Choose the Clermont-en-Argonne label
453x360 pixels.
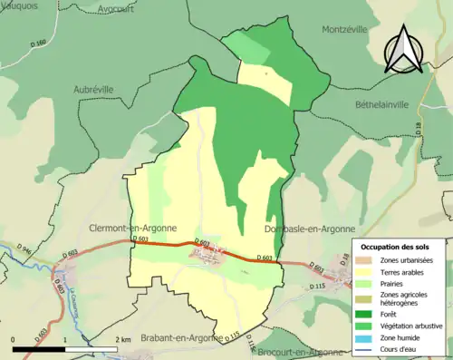point(132,229)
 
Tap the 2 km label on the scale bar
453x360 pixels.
point(124,339)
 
